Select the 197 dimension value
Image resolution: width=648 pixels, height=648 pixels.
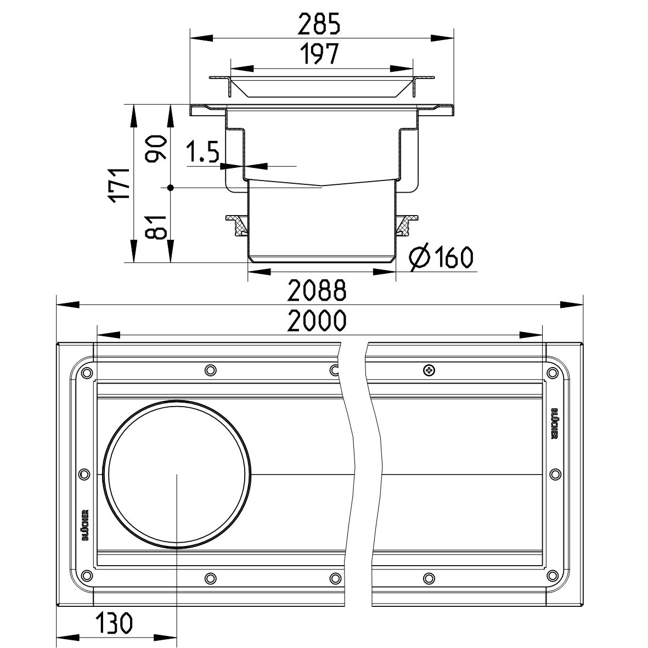320,55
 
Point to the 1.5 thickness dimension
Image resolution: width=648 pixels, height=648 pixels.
202,153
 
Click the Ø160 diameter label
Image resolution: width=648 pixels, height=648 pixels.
442,257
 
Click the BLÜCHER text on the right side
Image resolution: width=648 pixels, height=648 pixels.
554,423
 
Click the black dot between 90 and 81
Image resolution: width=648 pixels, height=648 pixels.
171,188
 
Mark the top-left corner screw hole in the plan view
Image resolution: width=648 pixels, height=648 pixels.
85,373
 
